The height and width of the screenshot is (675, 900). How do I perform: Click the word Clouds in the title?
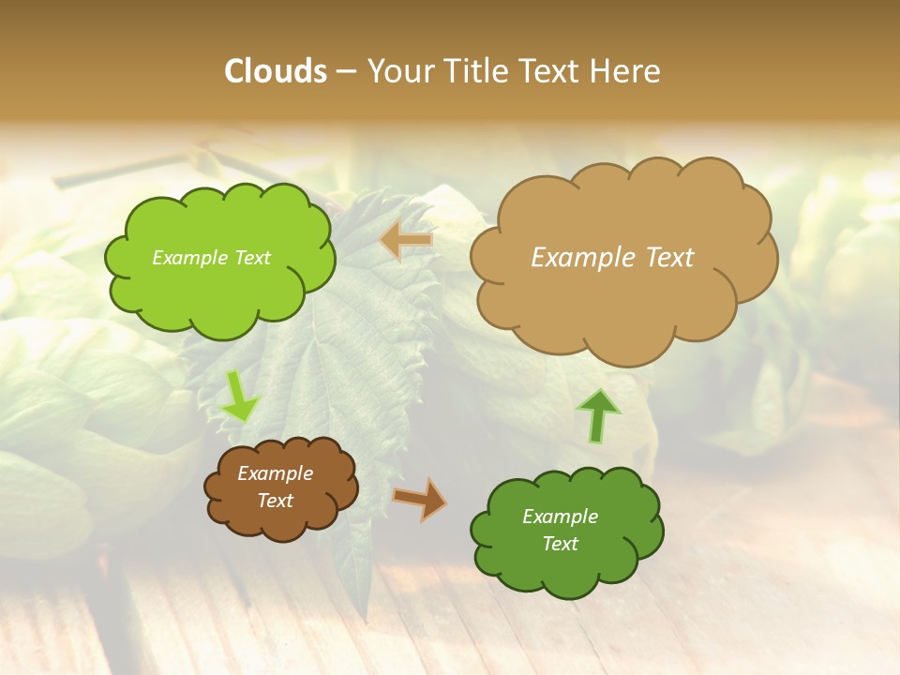pyautogui.click(x=277, y=71)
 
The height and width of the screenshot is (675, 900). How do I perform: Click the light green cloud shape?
pyautogui.click(x=219, y=281)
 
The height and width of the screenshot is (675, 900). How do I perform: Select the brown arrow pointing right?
pyautogui.click(x=420, y=498)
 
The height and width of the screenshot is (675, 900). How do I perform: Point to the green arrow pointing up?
pyautogui.click(x=597, y=415)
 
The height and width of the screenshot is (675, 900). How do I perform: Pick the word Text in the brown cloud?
pyautogui.click(x=276, y=501)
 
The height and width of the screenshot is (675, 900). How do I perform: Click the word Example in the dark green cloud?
pyautogui.click(x=560, y=517)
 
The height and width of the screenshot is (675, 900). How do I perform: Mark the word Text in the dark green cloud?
pyautogui.click(x=560, y=544)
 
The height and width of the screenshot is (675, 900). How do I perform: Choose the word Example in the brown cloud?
pyautogui.click(x=276, y=473)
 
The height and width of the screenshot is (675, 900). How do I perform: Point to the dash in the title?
pyautogui.click(x=345, y=71)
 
